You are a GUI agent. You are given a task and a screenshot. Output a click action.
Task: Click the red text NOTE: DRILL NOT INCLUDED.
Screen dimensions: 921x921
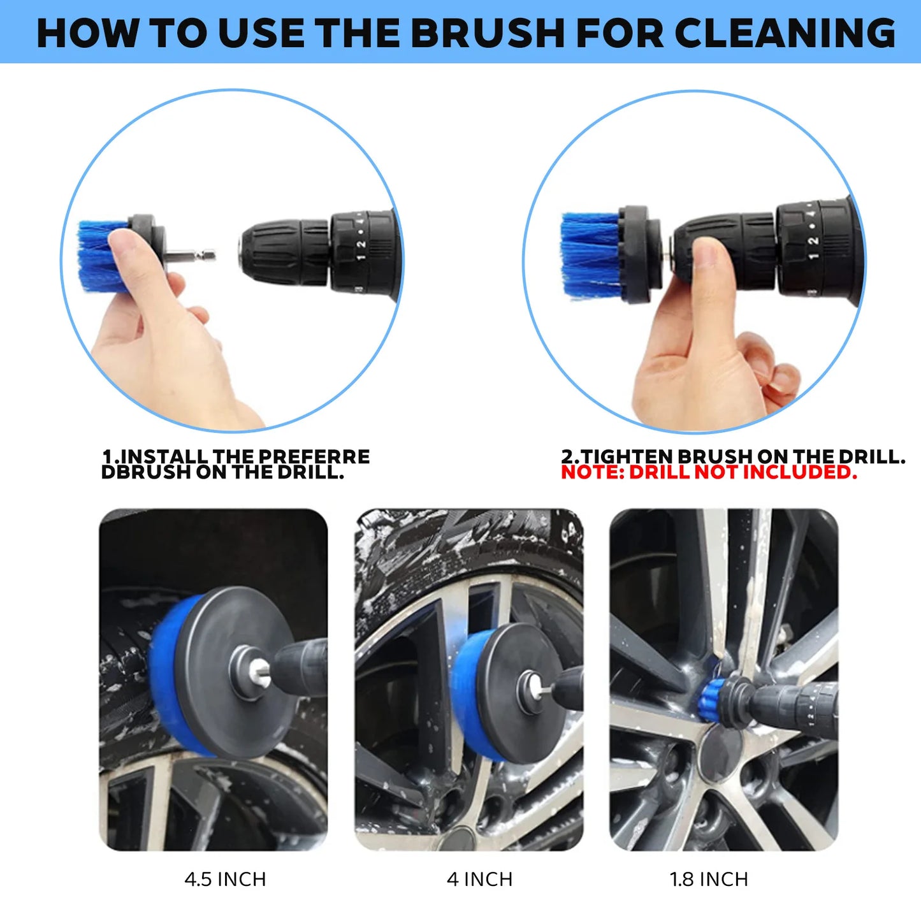709,472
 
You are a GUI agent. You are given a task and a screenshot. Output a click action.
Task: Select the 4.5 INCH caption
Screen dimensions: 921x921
225,880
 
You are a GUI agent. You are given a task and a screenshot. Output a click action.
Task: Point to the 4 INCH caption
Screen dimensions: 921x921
479,880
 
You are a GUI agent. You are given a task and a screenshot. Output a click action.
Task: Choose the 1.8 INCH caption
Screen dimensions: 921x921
709,880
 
